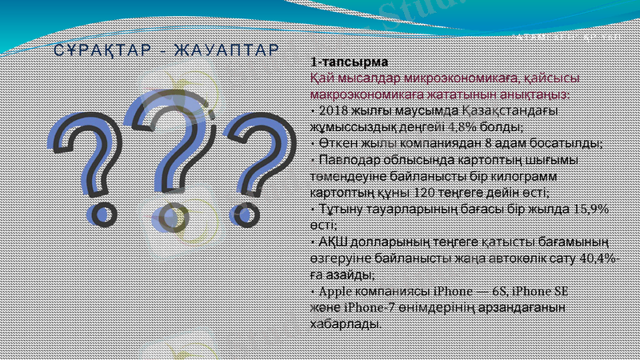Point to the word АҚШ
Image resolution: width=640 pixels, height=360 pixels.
coord(333,242)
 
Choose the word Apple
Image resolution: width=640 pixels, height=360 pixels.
coord(335,291)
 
